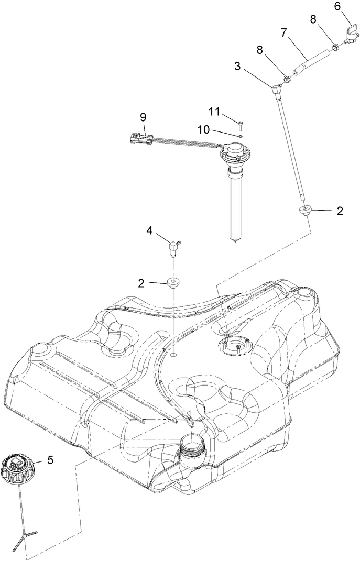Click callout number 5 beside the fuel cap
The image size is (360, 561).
pyautogui.click(x=51, y=460)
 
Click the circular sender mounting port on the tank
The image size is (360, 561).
pyautogui.click(x=231, y=346)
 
